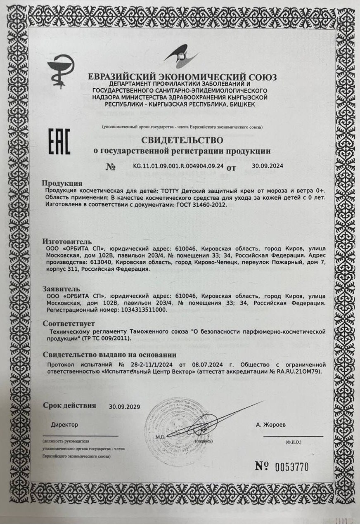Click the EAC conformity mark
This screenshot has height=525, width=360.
(x=59, y=142)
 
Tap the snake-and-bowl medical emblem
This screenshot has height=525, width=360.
(x=61, y=71)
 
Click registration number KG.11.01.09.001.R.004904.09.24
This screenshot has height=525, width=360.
(x=178, y=166)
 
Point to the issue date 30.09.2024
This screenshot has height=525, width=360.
(x=268, y=166)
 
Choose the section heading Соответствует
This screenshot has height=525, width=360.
(x=69, y=323)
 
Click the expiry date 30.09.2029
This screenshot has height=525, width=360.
(x=125, y=407)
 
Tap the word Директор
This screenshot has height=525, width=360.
(x=64, y=424)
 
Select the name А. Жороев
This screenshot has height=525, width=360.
(x=270, y=424)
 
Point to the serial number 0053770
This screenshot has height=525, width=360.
(x=292, y=467)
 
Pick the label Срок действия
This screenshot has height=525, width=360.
(x=70, y=405)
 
